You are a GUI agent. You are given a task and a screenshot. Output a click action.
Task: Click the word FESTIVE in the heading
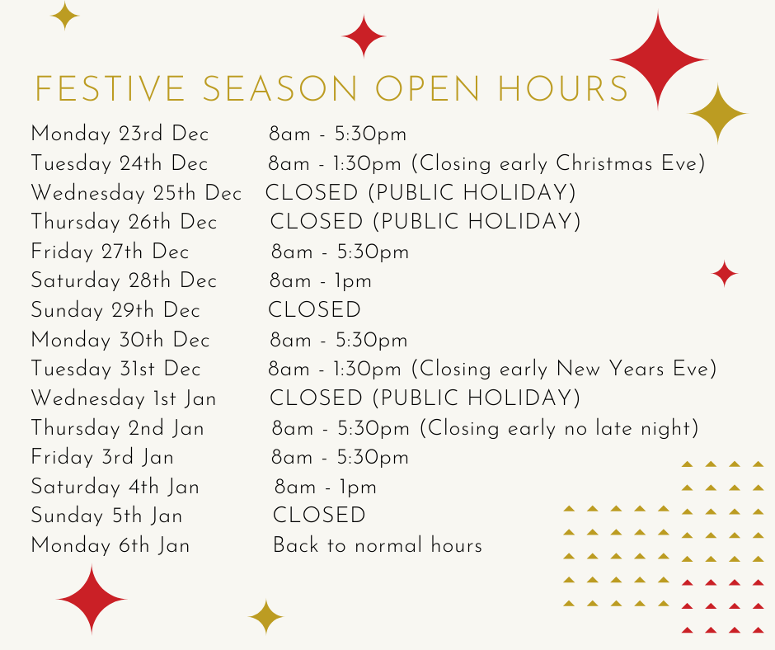pyautogui.click(x=110, y=89)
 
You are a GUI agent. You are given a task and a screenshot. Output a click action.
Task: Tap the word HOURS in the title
pyautogui.click(x=563, y=89)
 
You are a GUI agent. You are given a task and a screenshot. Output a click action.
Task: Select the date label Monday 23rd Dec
pyautogui.click(x=120, y=134)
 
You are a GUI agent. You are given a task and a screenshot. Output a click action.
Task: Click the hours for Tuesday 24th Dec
pyautogui.click(x=335, y=163)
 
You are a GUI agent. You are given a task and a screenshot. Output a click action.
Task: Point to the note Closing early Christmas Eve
pyautogui.click(x=558, y=163)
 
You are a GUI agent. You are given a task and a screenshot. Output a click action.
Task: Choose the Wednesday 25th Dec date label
pyautogui.click(x=136, y=193)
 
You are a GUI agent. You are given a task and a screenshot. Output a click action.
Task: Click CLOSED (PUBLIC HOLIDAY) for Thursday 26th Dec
pyautogui.click(x=425, y=222)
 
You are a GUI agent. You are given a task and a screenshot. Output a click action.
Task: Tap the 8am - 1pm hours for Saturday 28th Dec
pyautogui.click(x=320, y=281)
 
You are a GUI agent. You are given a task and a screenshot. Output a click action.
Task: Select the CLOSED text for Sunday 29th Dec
pyautogui.click(x=314, y=310)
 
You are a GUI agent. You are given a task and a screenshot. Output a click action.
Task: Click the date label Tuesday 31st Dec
pyautogui.click(x=115, y=369)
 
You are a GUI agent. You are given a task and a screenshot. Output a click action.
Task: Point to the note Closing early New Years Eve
pyautogui.click(x=564, y=369)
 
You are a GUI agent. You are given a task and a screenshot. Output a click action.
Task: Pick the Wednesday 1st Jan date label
pyautogui.click(x=124, y=398)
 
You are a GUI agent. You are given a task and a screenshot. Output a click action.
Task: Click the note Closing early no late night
pyautogui.click(x=560, y=428)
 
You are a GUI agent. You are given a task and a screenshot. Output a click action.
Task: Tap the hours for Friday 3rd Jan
pyautogui.click(x=340, y=458)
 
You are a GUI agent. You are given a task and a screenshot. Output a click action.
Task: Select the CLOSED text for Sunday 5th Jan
pyautogui.click(x=319, y=516)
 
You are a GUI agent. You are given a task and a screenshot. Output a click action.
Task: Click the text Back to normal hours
pyautogui.click(x=378, y=545)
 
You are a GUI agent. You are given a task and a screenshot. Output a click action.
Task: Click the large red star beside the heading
pyautogui.click(x=659, y=60)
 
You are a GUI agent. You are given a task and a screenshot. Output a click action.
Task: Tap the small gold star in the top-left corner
pyautogui.click(x=65, y=16)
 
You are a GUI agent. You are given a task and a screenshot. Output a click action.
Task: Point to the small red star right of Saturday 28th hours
pyautogui.click(x=725, y=274)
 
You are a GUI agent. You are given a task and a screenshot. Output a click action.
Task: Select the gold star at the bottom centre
pyautogui.click(x=266, y=617)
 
